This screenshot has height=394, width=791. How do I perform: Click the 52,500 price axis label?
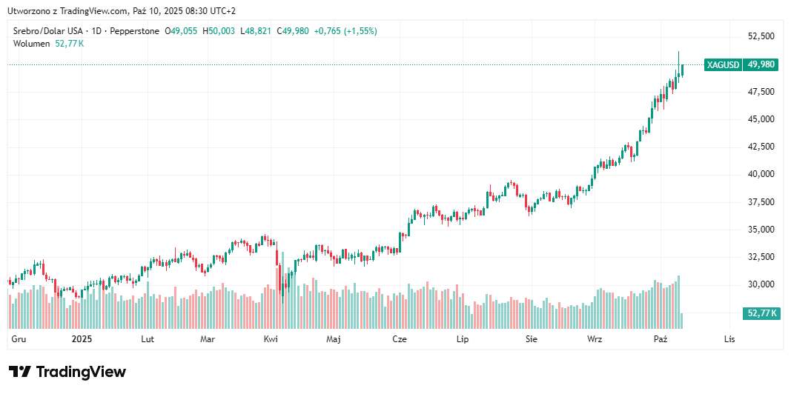761,36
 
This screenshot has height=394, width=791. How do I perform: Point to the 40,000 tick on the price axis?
761,174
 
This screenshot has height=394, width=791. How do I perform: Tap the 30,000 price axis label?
761,284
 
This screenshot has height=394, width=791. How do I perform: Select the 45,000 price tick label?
761,119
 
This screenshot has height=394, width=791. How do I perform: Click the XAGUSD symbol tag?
723,65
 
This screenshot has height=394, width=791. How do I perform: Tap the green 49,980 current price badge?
761,65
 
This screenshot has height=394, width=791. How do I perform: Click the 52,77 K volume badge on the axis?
761,313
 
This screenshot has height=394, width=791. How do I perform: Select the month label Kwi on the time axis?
271,339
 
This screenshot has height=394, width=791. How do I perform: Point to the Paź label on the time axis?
661,339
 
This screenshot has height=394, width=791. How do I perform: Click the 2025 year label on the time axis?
82,339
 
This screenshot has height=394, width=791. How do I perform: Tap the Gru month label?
19,339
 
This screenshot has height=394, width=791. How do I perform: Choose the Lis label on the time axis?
729,339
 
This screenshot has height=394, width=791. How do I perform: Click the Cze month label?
400,339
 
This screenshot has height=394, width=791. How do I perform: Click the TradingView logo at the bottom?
67,372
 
